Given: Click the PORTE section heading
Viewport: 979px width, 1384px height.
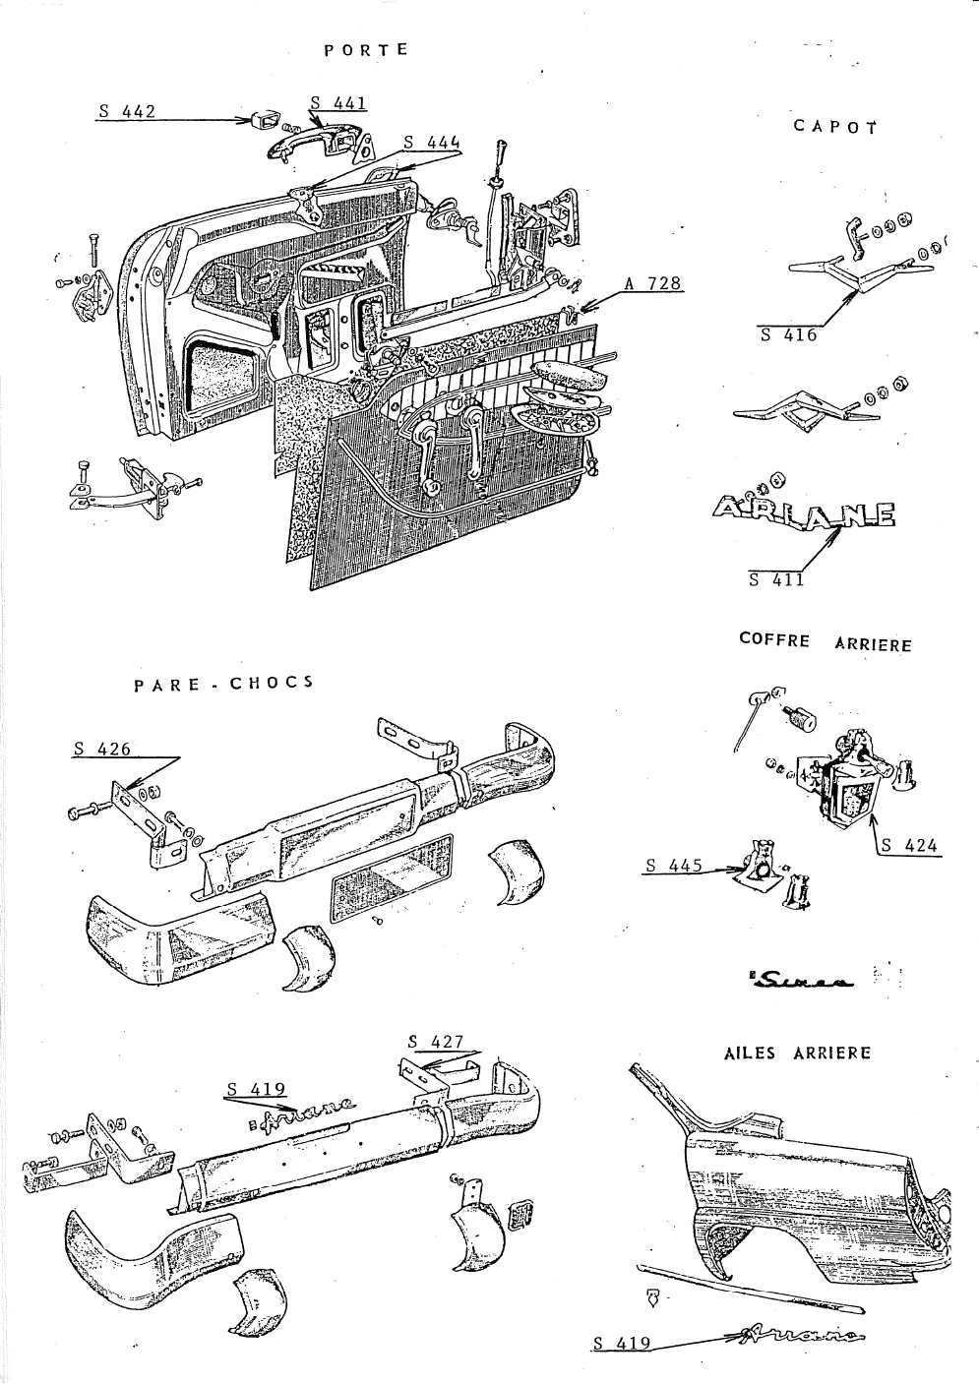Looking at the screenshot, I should (x=365, y=49).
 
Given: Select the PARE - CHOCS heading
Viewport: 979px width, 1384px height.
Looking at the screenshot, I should (x=223, y=683).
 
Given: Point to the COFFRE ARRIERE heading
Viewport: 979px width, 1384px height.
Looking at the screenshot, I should (x=825, y=642).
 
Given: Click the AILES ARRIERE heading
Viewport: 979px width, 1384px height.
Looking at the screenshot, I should (x=797, y=1053).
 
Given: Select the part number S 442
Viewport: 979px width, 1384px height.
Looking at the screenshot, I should (x=127, y=112).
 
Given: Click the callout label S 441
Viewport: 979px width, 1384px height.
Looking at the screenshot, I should (x=337, y=101).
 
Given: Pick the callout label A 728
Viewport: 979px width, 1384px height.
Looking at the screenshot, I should (x=652, y=284).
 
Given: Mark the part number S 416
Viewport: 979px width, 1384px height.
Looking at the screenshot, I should (x=788, y=334).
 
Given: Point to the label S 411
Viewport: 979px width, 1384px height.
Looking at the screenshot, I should (x=776, y=579).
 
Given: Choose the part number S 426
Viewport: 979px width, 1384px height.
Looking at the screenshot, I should (x=101, y=750).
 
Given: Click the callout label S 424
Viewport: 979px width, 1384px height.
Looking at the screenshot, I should (x=909, y=845).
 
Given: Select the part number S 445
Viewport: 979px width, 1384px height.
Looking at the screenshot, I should (x=674, y=866).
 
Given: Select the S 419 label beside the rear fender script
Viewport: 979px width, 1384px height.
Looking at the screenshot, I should (x=623, y=1343).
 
